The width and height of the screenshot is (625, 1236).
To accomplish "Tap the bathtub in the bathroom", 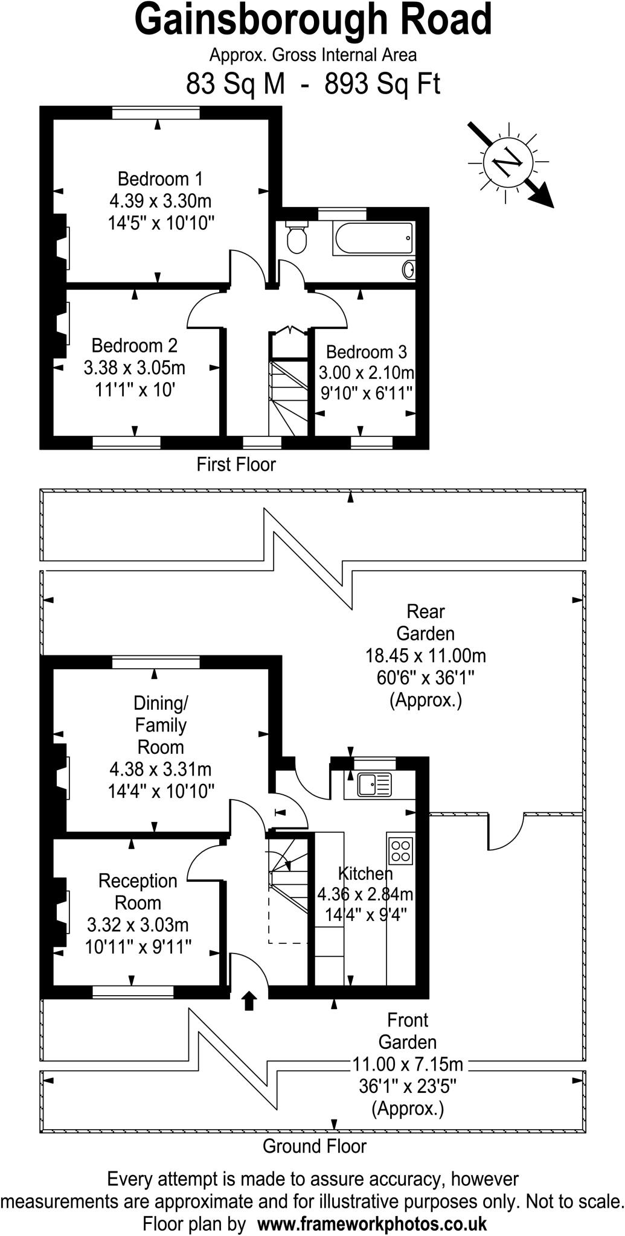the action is [373, 238].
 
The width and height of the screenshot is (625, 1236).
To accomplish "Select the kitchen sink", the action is [374, 785].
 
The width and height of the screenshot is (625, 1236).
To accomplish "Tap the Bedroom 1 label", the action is [160, 179].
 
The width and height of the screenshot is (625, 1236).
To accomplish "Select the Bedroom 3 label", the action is [366, 352].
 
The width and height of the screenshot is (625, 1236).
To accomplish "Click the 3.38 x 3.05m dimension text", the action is [135, 368].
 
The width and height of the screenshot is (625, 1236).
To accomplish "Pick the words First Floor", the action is [236, 465].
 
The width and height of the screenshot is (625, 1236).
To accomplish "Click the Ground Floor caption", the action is [314, 1146].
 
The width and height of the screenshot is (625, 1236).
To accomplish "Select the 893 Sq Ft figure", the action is [382, 84].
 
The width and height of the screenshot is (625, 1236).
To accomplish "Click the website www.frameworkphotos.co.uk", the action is [372, 1224].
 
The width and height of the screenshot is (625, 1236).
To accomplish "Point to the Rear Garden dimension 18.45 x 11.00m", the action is [425, 655].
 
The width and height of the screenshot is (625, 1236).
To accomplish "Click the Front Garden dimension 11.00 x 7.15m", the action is [408, 1064].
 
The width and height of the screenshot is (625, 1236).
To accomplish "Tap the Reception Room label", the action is [138, 892].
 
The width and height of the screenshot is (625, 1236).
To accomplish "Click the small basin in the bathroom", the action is [409, 269].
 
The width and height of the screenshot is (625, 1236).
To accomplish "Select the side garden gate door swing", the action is [506, 833].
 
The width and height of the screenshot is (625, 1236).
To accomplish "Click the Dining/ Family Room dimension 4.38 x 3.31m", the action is [160, 769].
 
